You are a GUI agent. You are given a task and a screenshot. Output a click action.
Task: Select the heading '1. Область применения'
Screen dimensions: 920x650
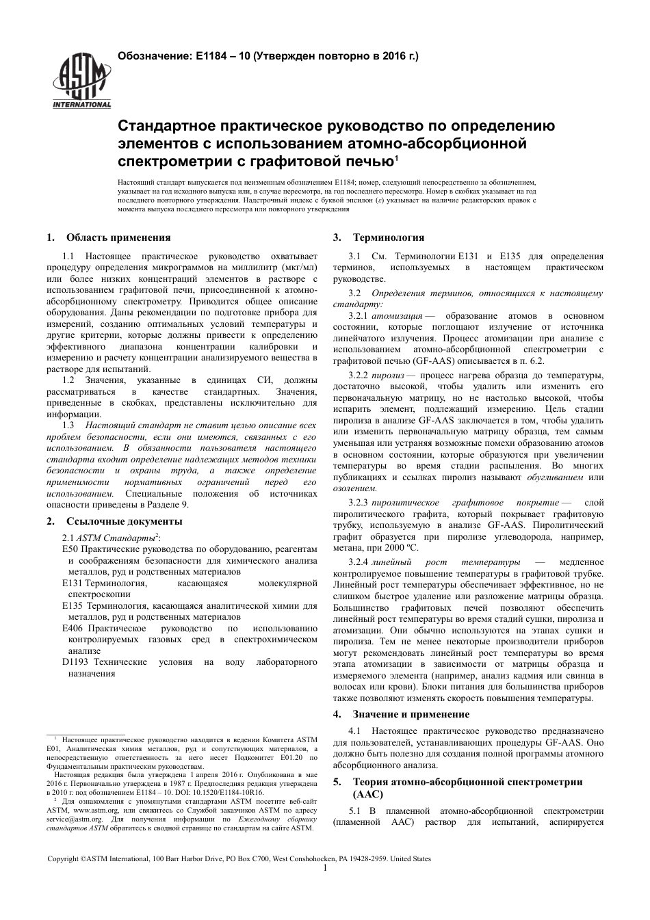coord(109,237)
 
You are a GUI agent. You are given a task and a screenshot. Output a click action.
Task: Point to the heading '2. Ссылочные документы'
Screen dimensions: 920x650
coord(114,521)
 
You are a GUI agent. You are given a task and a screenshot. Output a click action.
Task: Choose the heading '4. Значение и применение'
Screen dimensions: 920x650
coord(401,714)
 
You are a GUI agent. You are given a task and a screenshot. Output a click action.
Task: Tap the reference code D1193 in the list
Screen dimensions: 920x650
coord(75,662)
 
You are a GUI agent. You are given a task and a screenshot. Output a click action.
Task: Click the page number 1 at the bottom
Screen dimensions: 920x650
coord(325,868)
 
